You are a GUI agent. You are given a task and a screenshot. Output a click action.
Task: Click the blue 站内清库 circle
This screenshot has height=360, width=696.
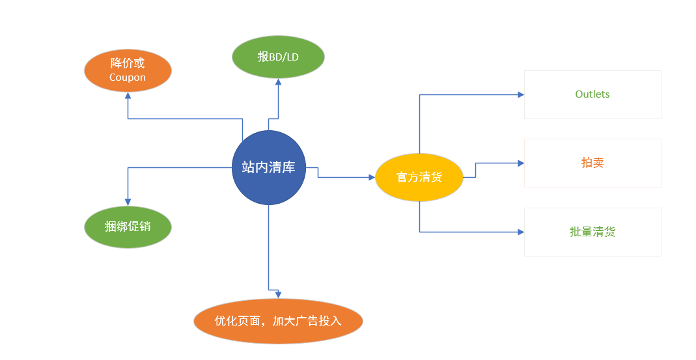coord(268,167)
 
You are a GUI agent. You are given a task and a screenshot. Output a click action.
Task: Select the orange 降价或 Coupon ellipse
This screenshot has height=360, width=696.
coord(128,70)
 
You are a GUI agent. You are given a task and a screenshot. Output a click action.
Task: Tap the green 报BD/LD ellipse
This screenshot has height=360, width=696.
coord(278,57)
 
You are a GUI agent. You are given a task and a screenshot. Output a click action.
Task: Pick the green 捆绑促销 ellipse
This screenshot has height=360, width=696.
coord(128,227)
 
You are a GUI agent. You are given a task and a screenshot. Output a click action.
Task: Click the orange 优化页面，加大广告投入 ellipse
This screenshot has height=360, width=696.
coord(278,321)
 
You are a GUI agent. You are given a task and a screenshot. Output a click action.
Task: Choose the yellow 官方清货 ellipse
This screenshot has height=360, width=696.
coord(419,177)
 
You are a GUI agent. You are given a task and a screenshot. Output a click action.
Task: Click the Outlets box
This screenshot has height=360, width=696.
coord(592,94)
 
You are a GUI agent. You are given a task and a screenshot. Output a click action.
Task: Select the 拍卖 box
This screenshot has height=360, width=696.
coord(592,163)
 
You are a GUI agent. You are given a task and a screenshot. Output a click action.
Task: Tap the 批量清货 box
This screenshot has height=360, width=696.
coord(592,232)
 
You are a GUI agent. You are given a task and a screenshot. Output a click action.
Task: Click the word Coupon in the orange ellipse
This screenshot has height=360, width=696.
coord(128,77)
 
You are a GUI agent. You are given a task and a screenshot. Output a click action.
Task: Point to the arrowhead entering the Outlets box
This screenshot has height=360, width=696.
coord(521,94)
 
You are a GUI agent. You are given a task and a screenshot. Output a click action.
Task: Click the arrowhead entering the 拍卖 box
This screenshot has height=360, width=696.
coord(521,163)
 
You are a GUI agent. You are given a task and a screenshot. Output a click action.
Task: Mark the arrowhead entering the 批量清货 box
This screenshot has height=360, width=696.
coord(521,232)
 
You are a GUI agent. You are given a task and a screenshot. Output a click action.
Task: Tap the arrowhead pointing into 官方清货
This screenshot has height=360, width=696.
coord(372,177)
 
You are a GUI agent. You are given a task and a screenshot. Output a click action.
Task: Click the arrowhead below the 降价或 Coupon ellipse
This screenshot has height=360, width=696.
coord(128,95)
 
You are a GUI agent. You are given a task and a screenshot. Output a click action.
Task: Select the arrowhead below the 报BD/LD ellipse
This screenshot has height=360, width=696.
coord(278,82)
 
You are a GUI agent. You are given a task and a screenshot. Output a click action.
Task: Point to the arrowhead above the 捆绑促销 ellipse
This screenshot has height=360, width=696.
coord(128,202)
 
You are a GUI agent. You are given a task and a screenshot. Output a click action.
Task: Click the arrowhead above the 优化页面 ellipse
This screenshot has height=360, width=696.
coord(278,295)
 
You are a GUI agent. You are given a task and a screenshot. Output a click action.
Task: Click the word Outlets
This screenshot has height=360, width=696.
coord(592,94)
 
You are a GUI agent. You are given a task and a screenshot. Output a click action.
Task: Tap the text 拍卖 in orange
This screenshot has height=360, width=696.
coord(592,163)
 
